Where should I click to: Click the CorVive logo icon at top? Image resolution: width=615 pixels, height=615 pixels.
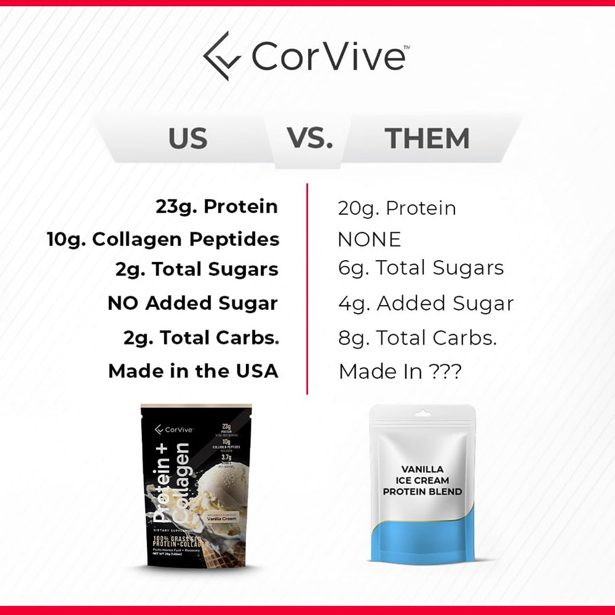tap(222, 56)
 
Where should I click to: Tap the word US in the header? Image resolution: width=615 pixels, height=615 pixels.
tap(188, 139)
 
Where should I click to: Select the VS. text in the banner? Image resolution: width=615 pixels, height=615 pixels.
tap(310, 138)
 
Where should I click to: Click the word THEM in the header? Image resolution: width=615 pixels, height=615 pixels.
tap(427, 139)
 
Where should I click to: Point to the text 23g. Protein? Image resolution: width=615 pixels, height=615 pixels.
tap(216, 207)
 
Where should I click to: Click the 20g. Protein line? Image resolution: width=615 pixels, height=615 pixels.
tap(397, 208)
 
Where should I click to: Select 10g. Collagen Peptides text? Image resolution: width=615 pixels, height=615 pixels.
tap(163, 239)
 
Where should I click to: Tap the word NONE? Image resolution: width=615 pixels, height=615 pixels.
tap(369, 239)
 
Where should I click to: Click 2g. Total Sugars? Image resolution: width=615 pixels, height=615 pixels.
tap(197, 269)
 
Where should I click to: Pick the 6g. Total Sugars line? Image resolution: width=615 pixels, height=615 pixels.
tap(421, 268)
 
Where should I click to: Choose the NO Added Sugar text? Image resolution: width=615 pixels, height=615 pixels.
tap(192, 303)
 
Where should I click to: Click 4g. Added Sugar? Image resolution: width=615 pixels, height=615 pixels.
tap(426, 303)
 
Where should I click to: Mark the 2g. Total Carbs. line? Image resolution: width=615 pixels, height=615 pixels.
tap(201, 338)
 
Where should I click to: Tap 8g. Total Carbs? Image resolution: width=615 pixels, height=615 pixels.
tap(418, 338)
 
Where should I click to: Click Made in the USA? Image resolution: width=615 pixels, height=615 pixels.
tap(193, 371)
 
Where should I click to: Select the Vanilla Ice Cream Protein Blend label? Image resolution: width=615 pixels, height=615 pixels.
tap(422, 480)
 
